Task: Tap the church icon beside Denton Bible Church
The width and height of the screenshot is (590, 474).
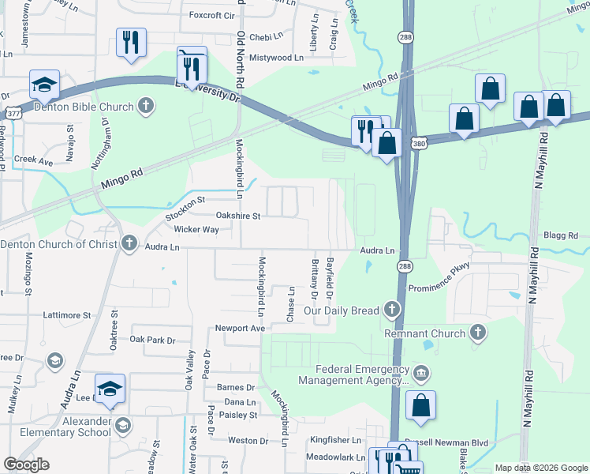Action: (146, 105)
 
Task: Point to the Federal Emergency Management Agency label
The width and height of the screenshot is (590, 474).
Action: (353, 374)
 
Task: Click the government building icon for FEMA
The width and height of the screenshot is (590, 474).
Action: (420, 372)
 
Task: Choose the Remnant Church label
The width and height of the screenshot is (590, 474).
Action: (425, 333)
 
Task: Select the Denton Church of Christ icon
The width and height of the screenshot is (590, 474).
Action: (130, 243)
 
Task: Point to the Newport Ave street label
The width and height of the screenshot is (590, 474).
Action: (241, 328)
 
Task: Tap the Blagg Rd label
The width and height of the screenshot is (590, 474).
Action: (561, 235)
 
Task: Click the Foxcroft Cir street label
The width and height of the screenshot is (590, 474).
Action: (213, 15)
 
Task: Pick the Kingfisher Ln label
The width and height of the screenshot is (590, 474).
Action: (334, 439)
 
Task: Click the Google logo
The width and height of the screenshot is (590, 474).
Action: (26, 465)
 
